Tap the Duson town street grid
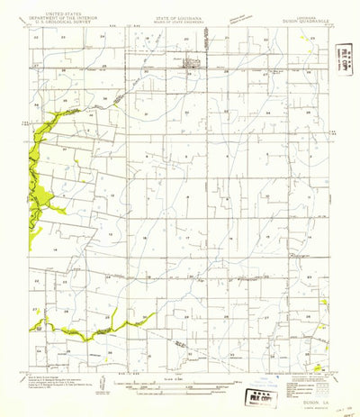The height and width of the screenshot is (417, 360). coord(193,64)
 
